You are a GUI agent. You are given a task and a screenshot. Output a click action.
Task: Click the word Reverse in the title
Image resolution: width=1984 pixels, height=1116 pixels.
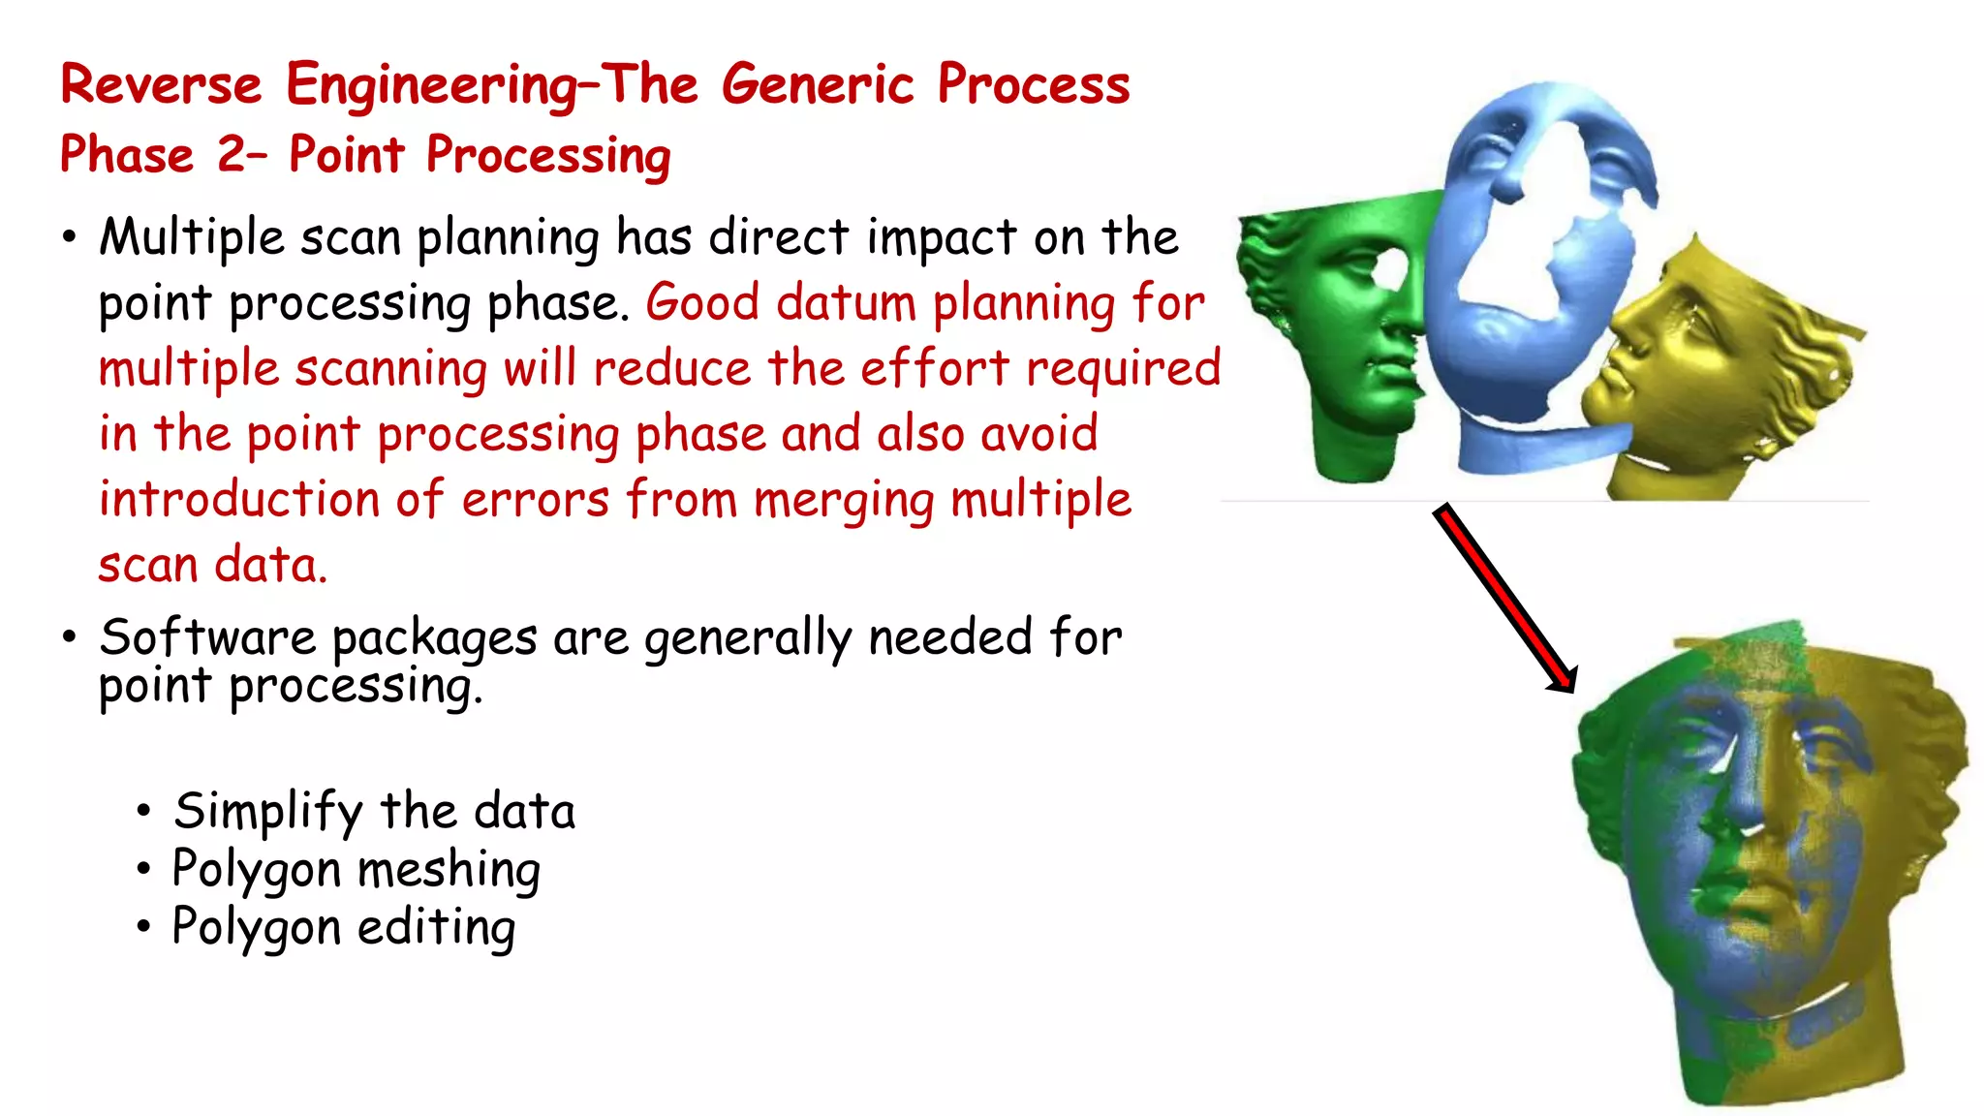click(161, 84)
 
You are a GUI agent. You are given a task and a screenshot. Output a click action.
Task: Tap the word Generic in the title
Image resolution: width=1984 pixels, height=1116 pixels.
click(818, 84)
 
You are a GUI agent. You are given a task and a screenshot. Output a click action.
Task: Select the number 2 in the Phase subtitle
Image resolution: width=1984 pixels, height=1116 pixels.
click(232, 155)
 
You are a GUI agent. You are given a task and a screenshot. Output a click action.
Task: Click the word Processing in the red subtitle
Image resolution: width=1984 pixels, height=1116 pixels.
click(548, 157)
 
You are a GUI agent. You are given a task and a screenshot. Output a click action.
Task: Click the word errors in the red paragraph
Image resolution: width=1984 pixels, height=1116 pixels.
click(535, 500)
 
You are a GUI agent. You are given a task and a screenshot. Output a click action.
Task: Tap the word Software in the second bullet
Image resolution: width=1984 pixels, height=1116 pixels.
click(207, 637)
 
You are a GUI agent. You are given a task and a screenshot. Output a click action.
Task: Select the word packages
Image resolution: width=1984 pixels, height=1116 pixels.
click(434, 639)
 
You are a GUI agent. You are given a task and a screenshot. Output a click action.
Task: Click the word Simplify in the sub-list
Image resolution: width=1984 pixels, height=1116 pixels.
click(267, 812)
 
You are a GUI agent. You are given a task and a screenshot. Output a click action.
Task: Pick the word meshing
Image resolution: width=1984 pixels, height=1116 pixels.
click(449, 870)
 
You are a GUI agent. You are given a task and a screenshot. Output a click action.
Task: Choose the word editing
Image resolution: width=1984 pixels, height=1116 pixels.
click(436, 928)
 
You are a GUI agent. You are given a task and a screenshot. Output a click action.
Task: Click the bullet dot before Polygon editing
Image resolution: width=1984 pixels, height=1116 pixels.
click(143, 927)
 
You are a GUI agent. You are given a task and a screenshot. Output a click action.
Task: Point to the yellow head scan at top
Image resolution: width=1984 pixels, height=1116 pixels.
click(1715, 378)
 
